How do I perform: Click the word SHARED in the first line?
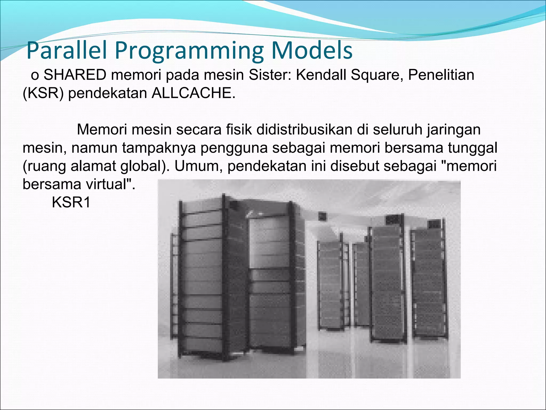coord(75,75)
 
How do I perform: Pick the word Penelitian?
coord(441,75)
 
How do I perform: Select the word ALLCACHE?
coord(194,93)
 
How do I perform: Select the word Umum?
coord(198,166)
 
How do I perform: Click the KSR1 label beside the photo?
coord(71,202)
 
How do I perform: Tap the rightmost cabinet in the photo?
coord(428,280)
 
